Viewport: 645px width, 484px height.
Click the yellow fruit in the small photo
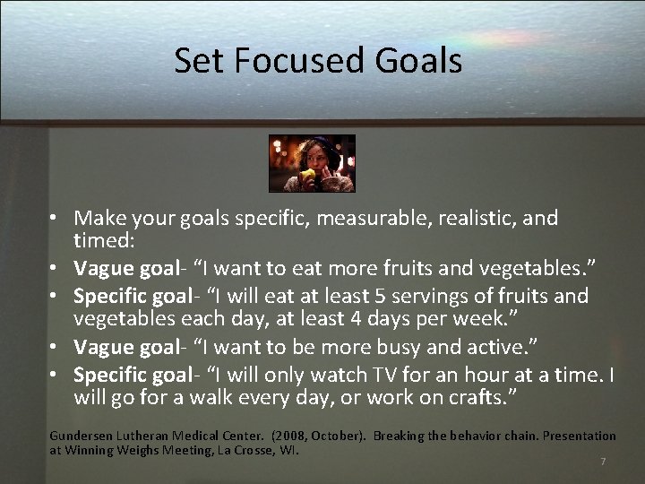tap(307, 175)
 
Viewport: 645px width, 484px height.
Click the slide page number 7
tap(603, 462)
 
